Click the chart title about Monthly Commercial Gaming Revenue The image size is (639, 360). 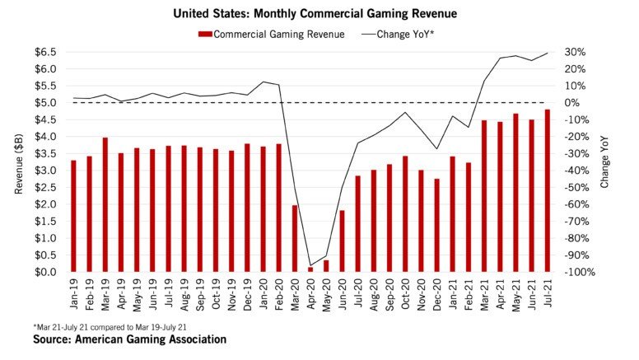(319, 13)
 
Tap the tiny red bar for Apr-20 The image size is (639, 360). (310, 269)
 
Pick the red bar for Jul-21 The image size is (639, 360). (547, 190)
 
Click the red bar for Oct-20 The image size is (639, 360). (405, 213)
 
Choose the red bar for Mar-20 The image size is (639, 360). (295, 238)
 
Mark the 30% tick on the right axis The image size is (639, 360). (574, 52)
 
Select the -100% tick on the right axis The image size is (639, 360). (571, 272)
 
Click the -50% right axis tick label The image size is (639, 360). (573, 187)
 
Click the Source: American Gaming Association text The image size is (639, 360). (129, 339)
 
